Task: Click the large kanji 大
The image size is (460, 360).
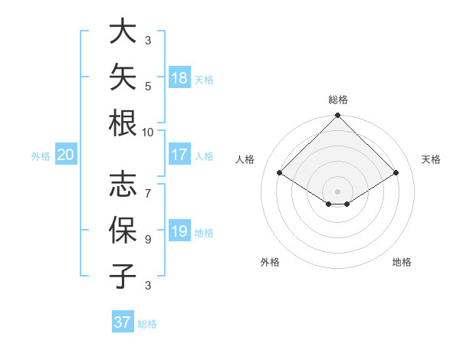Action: click(x=123, y=31)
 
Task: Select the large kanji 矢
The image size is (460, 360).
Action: click(x=123, y=77)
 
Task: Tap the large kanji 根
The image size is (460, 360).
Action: click(x=123, y=123)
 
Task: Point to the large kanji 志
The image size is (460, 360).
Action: click(x=123, y=184)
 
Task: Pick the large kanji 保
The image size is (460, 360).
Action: click(x=123, y=230)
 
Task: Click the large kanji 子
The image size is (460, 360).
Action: click(x=123, y=276)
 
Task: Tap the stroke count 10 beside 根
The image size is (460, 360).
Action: click(x=147, y=133)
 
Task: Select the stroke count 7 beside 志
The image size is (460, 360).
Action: click(x=148, y=194)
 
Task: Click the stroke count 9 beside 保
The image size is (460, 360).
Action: click(x=148, y=240)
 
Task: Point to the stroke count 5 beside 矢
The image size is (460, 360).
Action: click(x=148, y=87)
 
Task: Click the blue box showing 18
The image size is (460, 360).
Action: click(x=179, y=77)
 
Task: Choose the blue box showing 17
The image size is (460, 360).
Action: click(x=179, y=154)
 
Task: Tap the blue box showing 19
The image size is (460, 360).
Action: click(x=179, y=230)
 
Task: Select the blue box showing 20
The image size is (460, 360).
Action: click(x=66, y=154)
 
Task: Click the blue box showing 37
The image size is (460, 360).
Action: click(x=123, y=321)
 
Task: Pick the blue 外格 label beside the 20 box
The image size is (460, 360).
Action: click(x=41, y=156)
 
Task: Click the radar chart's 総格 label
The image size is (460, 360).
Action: click(x=338, y=100)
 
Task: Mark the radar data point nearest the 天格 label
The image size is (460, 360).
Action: click(x=396, y=172)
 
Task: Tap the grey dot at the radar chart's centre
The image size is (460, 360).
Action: click(x=337, y=191)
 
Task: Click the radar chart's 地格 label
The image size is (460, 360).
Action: click(x=402, y=262)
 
